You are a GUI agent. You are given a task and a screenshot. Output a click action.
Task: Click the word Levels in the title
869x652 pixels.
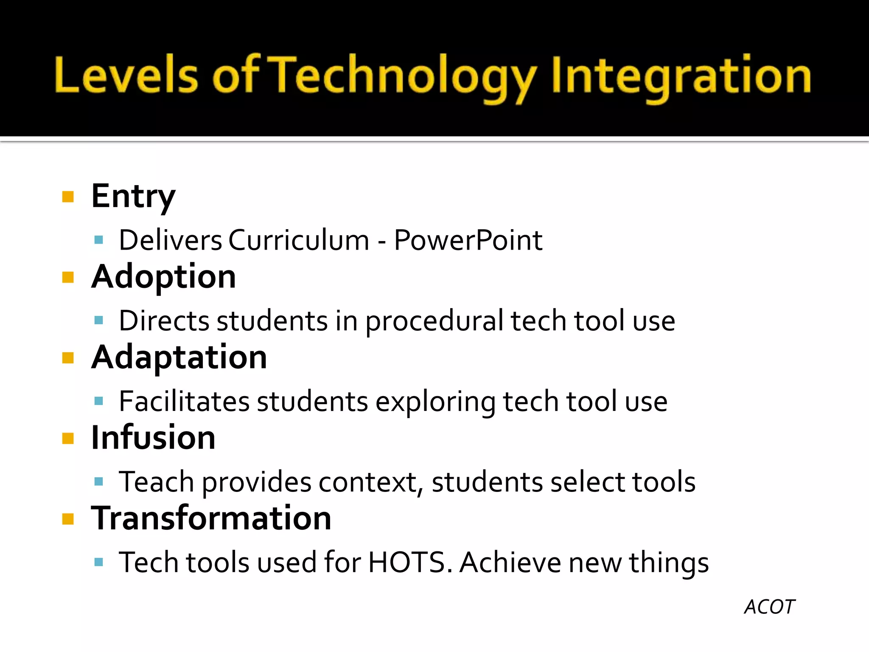pos(126,76)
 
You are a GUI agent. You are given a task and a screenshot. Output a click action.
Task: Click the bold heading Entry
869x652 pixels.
pos(133,197)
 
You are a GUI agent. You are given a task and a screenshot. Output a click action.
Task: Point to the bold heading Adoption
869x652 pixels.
pos(163,277)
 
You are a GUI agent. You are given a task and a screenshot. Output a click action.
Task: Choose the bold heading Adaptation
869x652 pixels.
pos(179,357)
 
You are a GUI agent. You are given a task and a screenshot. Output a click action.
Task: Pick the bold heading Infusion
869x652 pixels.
pos(153,438)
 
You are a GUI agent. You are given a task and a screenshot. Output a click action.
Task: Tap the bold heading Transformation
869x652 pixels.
pos(211,518)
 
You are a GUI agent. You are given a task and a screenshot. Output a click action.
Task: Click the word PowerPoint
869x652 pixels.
pos(468,241)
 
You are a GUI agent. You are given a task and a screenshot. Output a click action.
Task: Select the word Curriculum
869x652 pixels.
pos(299,241)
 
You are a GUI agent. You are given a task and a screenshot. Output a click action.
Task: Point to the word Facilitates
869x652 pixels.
pos(184,402)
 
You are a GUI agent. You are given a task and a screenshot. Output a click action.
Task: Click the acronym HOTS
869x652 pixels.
pos(406,562)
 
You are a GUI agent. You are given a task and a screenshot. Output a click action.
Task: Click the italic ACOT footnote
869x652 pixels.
pos(769,607)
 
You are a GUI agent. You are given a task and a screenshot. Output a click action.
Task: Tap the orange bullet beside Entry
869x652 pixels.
pos(68,197)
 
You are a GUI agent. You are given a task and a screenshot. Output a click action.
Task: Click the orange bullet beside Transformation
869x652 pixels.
pos(68,519)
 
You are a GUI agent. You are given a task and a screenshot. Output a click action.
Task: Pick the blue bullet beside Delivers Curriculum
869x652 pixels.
pos(99,240)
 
